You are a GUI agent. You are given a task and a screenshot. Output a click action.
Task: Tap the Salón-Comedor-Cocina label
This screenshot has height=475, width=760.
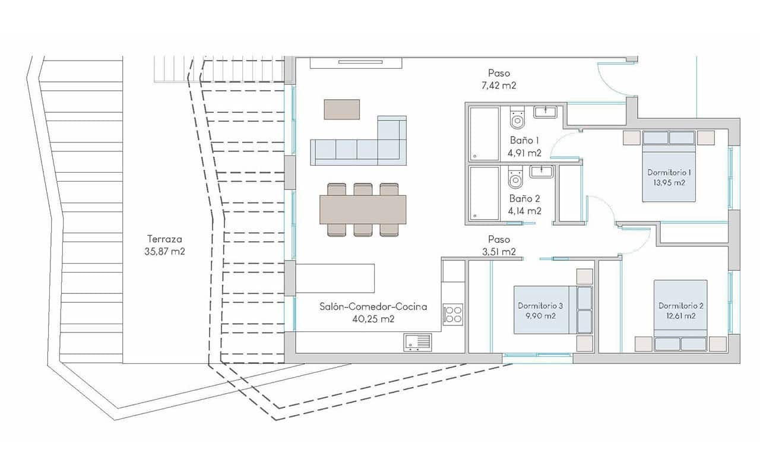click(373, 313)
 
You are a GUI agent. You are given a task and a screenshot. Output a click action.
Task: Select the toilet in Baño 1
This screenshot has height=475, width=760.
click(517, 118)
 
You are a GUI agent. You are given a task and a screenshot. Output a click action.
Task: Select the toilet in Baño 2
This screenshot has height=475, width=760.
click(515, 178)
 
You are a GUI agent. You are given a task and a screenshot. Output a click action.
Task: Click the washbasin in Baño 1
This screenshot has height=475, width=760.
click(544, 111)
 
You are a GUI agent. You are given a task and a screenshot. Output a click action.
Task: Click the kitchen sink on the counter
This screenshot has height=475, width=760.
click(417, 342)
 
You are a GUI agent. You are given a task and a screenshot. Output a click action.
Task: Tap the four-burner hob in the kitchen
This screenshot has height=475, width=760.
click(454, 313)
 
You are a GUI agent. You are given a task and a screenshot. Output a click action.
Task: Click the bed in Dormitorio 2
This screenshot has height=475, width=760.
click(680, 315)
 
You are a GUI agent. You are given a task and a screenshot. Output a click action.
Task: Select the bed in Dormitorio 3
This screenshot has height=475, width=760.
click(552, 309)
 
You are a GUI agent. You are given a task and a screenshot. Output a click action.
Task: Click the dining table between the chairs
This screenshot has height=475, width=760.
click(363, 210)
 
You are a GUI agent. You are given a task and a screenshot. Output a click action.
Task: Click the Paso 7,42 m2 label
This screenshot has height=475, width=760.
click(499, 79)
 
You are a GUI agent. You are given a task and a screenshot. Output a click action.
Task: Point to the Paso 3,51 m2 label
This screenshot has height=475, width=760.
click(499, 245)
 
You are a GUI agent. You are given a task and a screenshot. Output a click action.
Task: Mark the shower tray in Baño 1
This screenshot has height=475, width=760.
click(484, 134)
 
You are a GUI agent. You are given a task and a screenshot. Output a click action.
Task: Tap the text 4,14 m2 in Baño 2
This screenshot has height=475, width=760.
click(524, 210)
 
